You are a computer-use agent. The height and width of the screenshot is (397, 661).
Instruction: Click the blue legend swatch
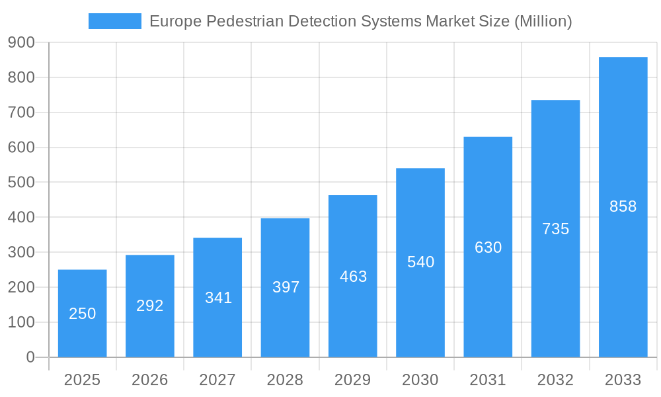pos(114,21)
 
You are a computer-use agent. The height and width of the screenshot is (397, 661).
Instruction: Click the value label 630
pos(488,247)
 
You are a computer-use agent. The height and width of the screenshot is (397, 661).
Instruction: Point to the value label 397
pos(286,287)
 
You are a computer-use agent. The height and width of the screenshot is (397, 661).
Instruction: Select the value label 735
pos(555,229)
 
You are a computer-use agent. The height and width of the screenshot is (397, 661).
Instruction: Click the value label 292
pos(150,306)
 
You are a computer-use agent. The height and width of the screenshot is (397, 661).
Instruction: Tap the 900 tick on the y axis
pos(21,43)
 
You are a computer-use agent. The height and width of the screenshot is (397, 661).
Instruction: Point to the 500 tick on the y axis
pos(21,183)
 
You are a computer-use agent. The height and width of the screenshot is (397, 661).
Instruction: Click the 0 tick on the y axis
pos(30,357)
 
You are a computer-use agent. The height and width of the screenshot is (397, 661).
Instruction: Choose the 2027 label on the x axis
pos(217,380)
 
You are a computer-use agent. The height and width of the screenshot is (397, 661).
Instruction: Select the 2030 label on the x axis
pos(420,380)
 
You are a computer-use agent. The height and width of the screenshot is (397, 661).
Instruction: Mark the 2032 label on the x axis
pos(555,380)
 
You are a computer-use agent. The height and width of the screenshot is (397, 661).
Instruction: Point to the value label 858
pos(623,206)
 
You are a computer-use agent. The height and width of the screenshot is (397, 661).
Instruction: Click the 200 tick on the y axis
pos(21,288)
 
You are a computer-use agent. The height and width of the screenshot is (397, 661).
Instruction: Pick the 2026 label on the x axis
pos(150,380)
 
